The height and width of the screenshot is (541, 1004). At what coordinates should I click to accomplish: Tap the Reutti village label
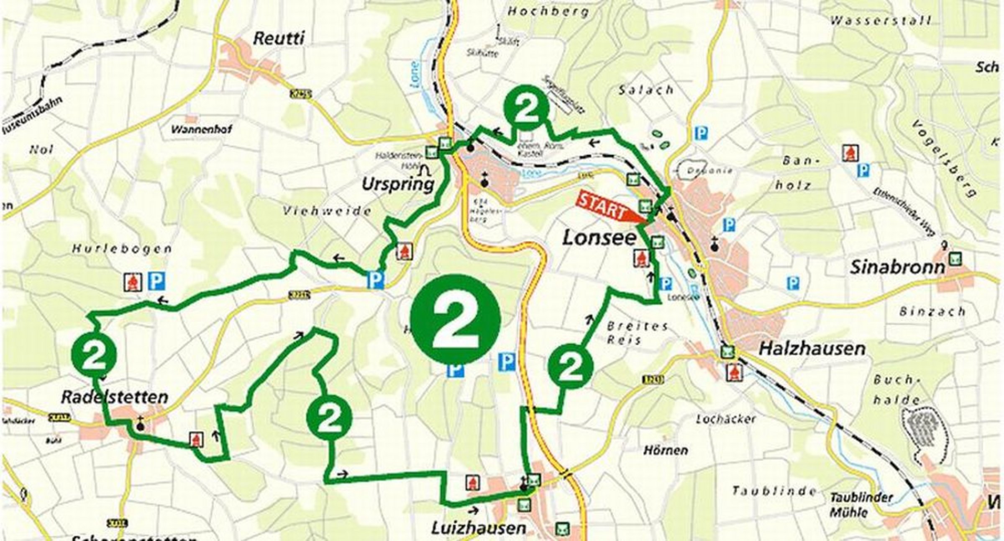[x=279, y=39]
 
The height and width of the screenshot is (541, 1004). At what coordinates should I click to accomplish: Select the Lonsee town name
[x=599, y=238]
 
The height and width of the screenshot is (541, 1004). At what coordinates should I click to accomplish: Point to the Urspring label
[x=398, y=184]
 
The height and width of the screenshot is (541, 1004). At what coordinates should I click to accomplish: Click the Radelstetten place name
[x=115, y=397]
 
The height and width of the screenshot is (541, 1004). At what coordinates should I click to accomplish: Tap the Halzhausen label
[x=812, y=348]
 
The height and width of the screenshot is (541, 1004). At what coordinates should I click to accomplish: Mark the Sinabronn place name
[x=897, y=268]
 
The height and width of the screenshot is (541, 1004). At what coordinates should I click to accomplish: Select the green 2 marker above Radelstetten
[x=94, y=354]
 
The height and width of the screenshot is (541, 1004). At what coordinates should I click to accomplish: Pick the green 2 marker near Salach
[x=526, y=106]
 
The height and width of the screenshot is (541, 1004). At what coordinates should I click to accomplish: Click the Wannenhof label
[x=201, y=129]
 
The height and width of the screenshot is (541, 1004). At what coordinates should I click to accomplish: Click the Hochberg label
[x=548, y=11]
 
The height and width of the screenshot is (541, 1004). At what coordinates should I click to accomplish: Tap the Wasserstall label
[x=880, y=21]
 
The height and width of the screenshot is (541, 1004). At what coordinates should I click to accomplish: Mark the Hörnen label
[x=666, y=450]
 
